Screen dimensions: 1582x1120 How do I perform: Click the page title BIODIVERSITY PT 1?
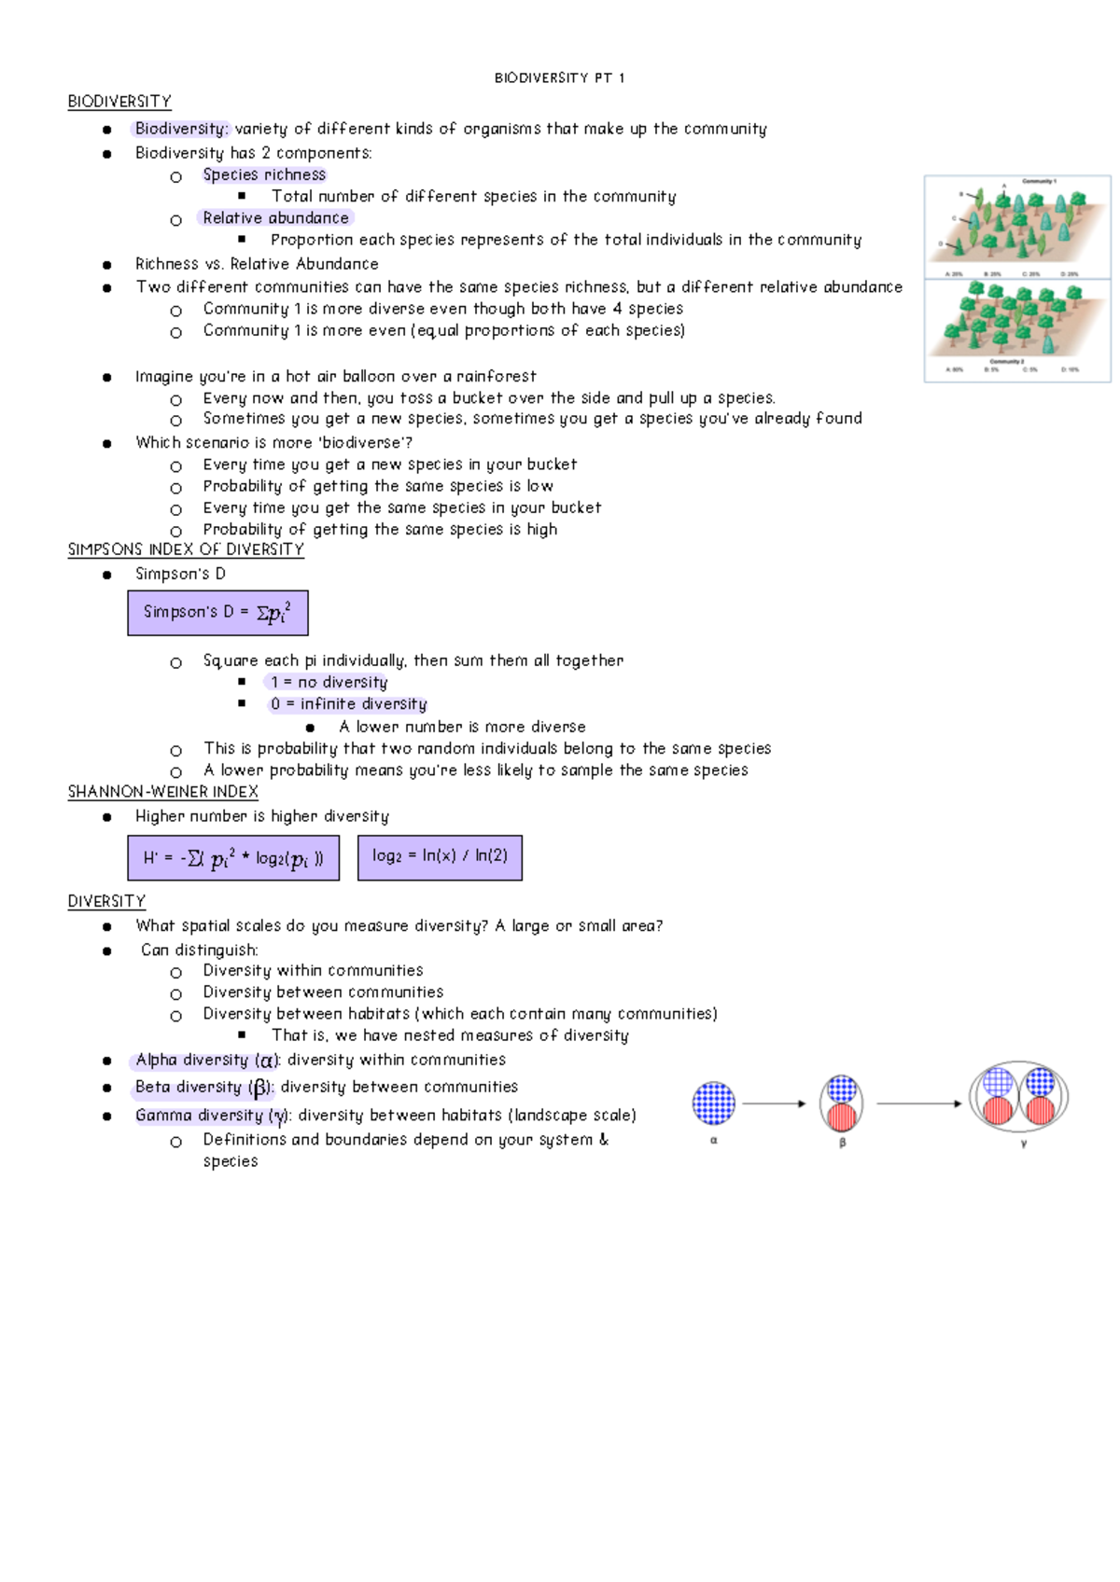(559, 78)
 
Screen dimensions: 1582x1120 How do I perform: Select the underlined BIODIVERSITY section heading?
(119, 102)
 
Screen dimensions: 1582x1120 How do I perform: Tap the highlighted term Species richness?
(264, 174)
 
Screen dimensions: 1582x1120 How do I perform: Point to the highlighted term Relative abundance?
(275, 218)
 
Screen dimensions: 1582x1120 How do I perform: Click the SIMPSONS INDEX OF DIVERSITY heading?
(186, 550)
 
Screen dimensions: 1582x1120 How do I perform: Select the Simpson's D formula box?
(217, 613)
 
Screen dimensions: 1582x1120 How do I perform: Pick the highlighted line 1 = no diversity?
(328, 683)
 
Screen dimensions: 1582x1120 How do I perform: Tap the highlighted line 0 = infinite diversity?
(348, 704)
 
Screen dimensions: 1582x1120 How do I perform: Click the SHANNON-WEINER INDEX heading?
(163, 792)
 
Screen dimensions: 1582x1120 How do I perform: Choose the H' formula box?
(233, 858)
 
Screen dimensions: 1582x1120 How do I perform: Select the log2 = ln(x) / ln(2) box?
(440, 857)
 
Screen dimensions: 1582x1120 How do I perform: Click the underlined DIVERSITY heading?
(106, 902)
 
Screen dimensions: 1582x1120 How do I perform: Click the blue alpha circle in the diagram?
(714, 1103)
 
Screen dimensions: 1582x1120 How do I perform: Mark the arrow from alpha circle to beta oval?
(774, 1104)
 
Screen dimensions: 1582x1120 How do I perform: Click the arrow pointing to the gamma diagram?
(918, 1104)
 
